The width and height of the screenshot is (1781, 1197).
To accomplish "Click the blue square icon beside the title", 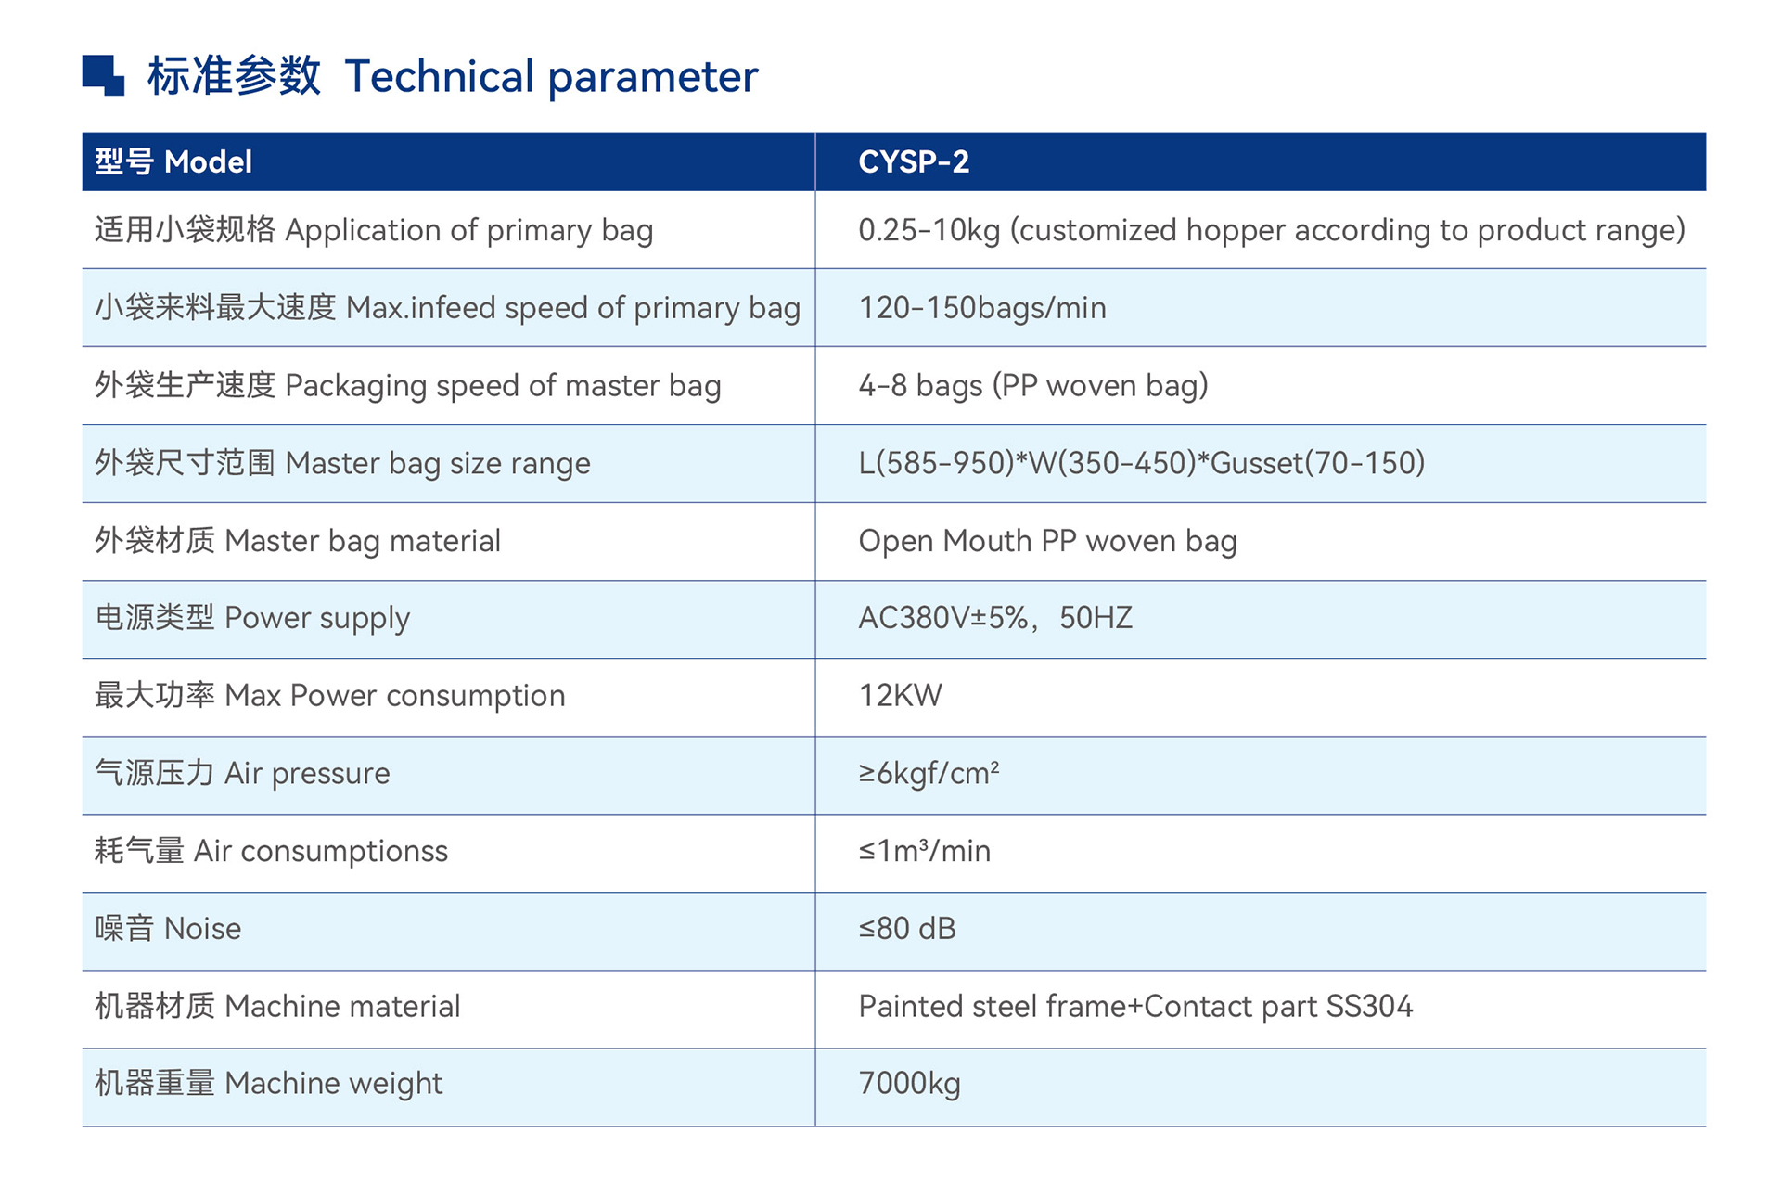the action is click(x=103, y=75).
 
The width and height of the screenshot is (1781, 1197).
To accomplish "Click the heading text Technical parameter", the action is click(x=551, y=77).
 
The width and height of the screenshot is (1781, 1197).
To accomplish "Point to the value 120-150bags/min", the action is click(x=982, y=308).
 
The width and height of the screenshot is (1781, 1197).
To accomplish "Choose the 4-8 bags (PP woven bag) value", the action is click(x=1033, y=385).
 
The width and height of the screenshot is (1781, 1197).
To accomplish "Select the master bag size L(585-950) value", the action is click(x=1142, y=463).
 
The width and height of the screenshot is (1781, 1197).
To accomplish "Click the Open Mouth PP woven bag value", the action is click(x=1047, y=541).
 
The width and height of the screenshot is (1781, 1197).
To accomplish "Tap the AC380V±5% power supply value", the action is click(x=995, y=618).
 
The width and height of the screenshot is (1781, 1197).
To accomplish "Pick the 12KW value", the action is click(x=900, y=696).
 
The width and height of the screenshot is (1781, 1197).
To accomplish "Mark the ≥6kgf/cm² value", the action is click(x=929, y=773).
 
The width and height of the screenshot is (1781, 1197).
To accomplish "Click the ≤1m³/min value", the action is click(x=925, y=851).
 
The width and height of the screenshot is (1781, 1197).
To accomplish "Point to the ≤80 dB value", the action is click(x=907, y=929).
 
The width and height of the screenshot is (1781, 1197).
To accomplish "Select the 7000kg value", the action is click(x=909, y=1084).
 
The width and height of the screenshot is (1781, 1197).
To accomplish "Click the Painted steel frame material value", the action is click(x=1135, y=1007).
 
